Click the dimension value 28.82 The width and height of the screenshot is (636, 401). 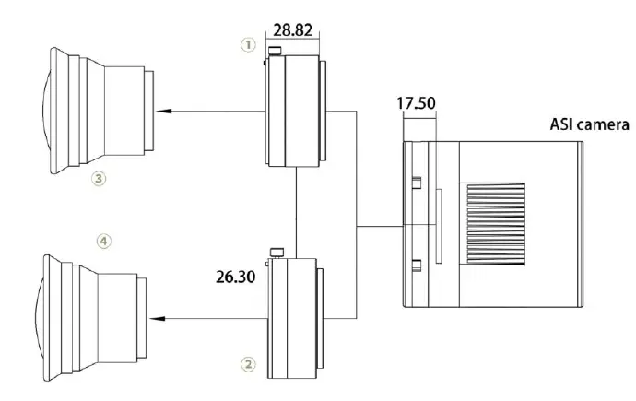click(x=293, y=30)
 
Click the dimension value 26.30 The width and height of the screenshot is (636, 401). click(x=235, y=277)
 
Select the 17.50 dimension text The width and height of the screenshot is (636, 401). click(x=416, y=103)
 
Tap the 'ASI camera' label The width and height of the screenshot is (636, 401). click(x=589, y=124)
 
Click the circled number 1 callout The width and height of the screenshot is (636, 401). click(x=249, y=44)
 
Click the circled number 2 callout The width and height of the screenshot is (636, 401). click(x=249, y=364)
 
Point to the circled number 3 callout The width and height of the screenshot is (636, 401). click(x=98, y=179)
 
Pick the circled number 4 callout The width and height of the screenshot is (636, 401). click(x=104, y=242)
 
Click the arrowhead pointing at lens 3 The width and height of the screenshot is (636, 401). click(x=164, y=111)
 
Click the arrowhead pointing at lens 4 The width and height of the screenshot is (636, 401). click(x=157, y=319)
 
